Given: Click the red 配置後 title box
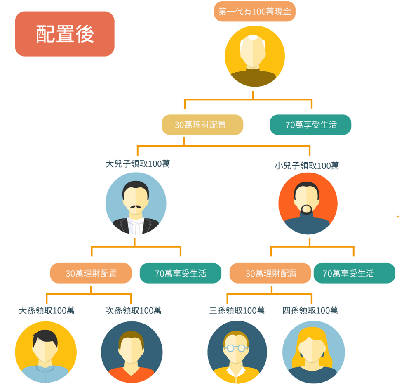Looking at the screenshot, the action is click(x=65, y=34).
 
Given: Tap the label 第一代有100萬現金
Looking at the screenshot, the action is click(x=254, y=12).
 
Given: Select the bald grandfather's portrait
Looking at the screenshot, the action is click(x=254, y=56).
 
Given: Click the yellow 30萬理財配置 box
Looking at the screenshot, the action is click(x=202, y=125).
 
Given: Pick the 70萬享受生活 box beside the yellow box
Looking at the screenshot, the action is click(x=310, y=125).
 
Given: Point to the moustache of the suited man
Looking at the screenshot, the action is click(x=136, y=206).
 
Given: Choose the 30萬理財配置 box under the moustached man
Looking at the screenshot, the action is click(x=91, y=273).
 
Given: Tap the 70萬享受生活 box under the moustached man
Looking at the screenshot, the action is click(x=180, y=273).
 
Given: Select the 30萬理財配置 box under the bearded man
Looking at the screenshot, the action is click(x=270, y=273).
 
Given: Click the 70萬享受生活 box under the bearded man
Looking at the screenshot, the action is click(x=354, y=273).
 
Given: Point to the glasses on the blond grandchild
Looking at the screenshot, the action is click(x=237, y=348).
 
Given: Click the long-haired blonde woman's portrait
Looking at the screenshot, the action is click(x=313, y=352).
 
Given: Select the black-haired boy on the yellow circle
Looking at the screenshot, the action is click(x=45, y=352).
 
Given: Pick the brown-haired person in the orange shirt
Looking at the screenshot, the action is click(x=132, y=352).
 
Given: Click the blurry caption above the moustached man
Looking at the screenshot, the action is click(x=138, y=164).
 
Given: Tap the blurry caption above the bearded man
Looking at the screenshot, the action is click(x=307, y=165).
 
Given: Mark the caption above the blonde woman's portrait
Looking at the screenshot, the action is click(x=310, y=310).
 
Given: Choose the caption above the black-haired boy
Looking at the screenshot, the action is click(x=47, y=310).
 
